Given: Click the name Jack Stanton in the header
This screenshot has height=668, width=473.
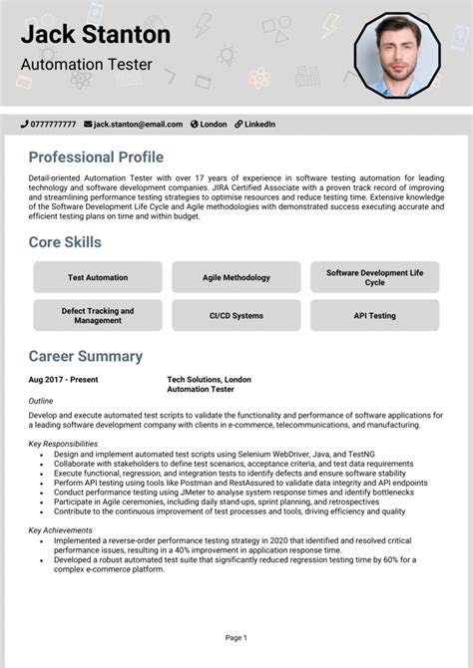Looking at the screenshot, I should coord(96,35).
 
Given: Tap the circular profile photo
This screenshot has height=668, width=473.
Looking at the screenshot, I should coord(397,56).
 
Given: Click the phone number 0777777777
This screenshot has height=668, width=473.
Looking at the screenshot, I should coord(52,125).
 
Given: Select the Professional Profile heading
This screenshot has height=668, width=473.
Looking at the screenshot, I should coord(96,158).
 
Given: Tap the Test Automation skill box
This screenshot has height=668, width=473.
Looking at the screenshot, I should coord(98,277).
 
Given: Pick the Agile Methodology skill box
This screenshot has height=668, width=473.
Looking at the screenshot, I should coord(236,277).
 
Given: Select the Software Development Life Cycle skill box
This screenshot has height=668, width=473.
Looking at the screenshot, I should coord(374,277).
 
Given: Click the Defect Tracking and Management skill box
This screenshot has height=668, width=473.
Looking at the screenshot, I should coord(98,316).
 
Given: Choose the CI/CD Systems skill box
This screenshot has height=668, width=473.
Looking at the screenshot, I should coord(236,316).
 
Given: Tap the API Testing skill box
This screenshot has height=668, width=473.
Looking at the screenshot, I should coord(374,316).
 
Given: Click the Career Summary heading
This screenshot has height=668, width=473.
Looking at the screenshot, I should coord(86,357).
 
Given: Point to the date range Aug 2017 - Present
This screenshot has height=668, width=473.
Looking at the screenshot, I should coord(64,380).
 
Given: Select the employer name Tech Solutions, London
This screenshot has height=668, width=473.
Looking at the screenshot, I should coord(210,380).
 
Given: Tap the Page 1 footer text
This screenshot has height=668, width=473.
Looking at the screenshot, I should coord(236,637).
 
